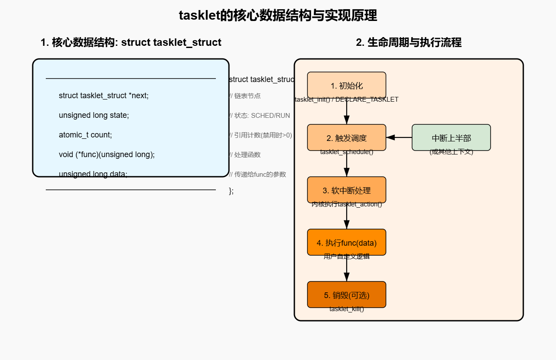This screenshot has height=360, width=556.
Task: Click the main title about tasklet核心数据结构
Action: click(x=278, y=16)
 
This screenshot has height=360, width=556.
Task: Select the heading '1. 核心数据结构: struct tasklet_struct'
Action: click(x=131, y=42)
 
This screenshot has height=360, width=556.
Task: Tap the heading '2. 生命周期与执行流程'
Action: click(x=409, y=42)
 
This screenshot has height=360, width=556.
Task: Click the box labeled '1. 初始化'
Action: click(x=346, y=85)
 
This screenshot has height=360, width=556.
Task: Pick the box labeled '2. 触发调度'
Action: click(x=346, y=137)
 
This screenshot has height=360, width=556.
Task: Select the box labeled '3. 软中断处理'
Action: click(x=346, y=190)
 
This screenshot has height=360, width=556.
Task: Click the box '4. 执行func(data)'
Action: click(x=346, y=242)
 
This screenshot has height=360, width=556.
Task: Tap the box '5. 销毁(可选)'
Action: click(x=346, y=295)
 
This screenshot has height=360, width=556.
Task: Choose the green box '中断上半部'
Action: click(x=451, y=137)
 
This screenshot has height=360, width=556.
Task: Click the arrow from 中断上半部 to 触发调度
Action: click(x=399, y=137)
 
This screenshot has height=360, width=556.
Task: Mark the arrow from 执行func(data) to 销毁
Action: click(x=347, y=270)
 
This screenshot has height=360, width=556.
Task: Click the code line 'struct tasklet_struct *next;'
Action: click(x=104, y=96)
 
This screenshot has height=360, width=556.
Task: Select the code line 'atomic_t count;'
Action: click(x=85, y=135)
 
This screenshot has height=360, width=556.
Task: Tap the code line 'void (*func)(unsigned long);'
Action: click(x=107, y=154)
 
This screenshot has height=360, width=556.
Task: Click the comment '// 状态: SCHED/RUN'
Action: click(x=259, y=116)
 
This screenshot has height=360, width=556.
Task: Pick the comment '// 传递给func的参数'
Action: click(x=257, y=174)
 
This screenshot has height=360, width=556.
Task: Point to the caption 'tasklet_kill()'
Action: click(x=346, y=309)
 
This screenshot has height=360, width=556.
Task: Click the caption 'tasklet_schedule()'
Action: click(x=346, y=152)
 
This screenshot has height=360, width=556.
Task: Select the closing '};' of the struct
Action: click(x=231, y=191)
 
